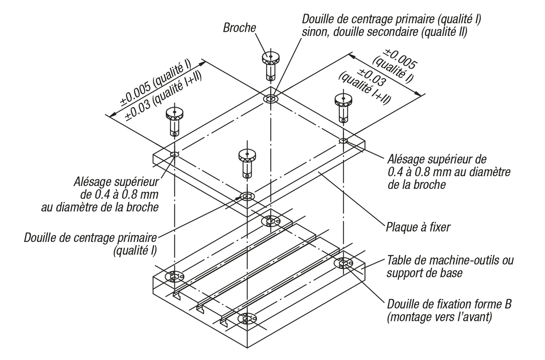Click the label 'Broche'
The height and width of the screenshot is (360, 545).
point(239,28)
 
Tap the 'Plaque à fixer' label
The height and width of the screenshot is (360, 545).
point(418,227)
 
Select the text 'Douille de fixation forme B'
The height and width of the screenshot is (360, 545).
point(449,304)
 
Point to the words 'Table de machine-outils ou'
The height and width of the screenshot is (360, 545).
point(451,260)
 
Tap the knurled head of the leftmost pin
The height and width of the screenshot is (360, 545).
point(174,113)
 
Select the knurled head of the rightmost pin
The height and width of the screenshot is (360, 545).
point(343,100)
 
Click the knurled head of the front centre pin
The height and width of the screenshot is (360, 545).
point(247,155)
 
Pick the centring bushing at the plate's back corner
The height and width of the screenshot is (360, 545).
point(271,99)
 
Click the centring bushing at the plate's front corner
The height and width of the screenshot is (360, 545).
point(247,196)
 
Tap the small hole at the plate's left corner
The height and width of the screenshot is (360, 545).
point(174,154)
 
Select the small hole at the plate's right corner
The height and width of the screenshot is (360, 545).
point(343,141)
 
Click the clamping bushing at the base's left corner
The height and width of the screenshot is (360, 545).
point(174,277)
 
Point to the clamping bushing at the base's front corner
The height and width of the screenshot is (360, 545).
point(247,318)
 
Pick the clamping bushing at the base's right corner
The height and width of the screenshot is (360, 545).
point(343,263)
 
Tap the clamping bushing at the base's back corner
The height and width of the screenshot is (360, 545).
point(271,221)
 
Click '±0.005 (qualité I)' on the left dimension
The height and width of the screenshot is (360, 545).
point(156,83)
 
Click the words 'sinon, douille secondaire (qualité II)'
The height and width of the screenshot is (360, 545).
point(384,32)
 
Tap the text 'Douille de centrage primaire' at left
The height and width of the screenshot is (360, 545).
point(90,237)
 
